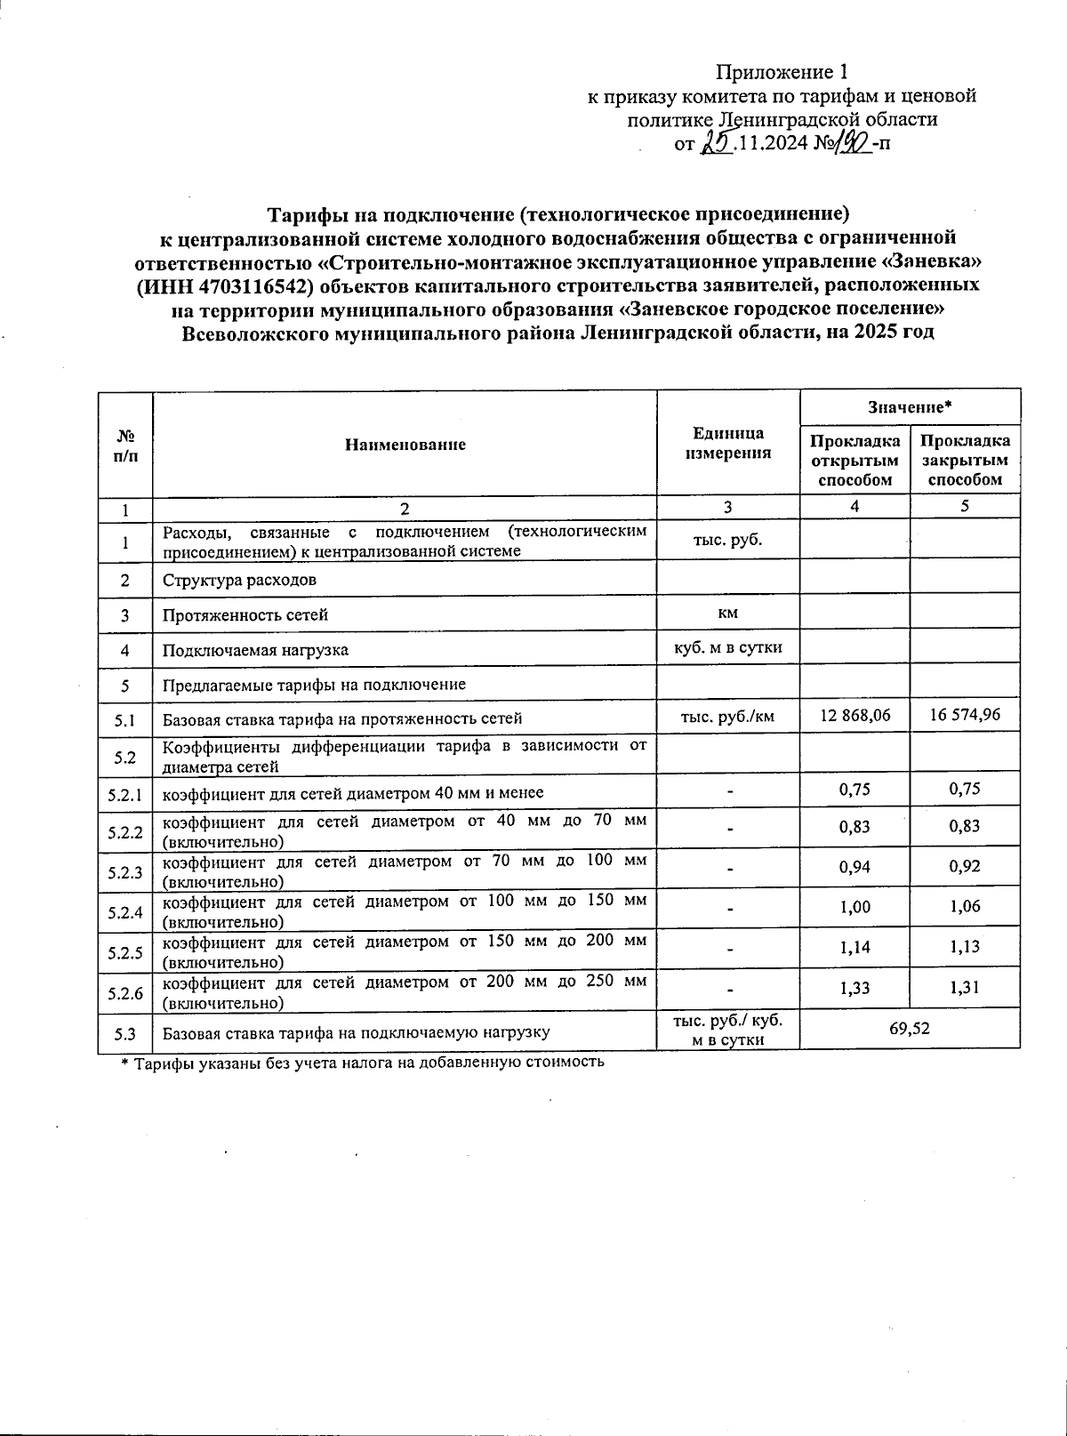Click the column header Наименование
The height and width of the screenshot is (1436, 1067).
point(405,444)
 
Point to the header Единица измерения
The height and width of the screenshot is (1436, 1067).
point(728,443)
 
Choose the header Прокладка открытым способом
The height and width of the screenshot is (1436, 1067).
point(854,461)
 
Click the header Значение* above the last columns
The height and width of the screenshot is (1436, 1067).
point(910,406)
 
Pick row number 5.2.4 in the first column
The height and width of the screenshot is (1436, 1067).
point(125,912)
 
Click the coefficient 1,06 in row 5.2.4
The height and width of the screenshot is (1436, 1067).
point(965,906)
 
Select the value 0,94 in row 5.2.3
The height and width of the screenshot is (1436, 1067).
point(854,866)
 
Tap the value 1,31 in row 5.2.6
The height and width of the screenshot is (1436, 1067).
point(965,987)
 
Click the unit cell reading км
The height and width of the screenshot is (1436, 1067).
point(728,613)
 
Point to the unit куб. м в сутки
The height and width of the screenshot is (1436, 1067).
point(728,646)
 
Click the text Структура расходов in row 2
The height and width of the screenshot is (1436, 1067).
point(239,580)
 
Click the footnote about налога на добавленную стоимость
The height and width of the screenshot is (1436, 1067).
point(363,1061)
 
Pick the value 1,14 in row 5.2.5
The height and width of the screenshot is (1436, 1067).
point(854,947)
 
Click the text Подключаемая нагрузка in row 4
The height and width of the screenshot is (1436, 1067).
point(254,650)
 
